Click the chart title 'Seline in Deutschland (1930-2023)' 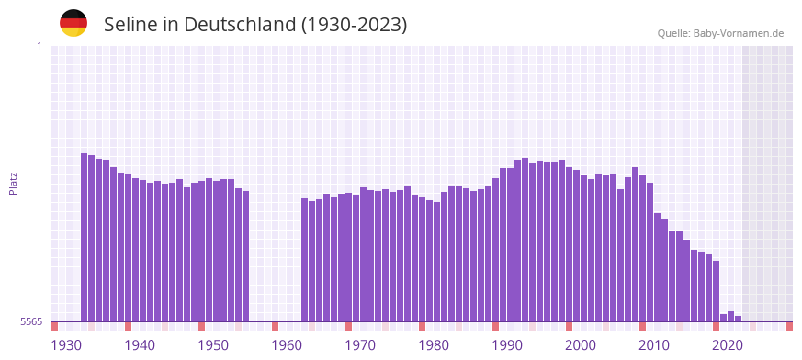point(255,24)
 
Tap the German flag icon point(73,23)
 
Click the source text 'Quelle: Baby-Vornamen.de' point(720,33)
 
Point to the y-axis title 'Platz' point(13,183)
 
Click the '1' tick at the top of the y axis point(39,46)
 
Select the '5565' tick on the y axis point(30,321)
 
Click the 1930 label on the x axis point(66,345)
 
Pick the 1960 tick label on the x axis point(287,345)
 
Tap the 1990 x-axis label point(507,345)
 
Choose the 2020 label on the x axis point(728,345)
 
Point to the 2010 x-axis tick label point(654,345)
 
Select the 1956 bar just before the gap point(246,256)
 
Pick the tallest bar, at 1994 point(525,240)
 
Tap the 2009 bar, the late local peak point(636,244)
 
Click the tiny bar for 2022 point(731,317)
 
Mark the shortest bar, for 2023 point(739,319)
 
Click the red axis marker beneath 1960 point(275,326)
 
